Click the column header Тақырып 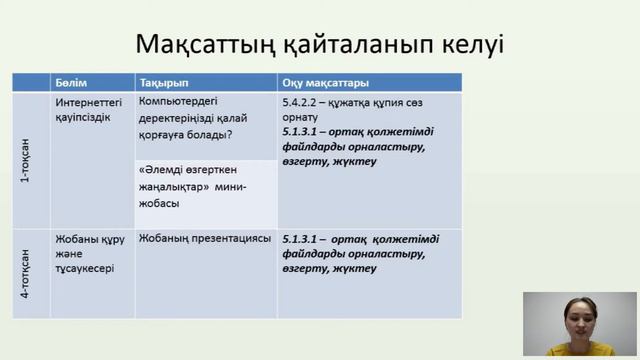point(162,82)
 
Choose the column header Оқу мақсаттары point(326,82)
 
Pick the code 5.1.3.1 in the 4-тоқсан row point(301,239)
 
